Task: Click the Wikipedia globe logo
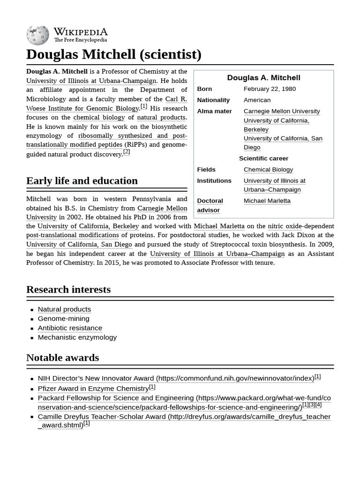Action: pos(37,35)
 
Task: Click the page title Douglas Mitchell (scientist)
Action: pos(113,54)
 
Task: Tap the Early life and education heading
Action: pos(82,181)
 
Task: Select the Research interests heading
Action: pos(68,289)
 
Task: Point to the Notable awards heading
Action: pos(62,357)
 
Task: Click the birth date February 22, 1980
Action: pos(270,89)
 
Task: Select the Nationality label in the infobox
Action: pos(213,100)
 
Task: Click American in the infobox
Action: pos(257,100)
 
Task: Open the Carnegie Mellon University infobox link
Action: pos(282,111)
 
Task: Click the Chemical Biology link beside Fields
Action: pos(268,169)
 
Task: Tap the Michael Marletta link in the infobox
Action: pos(267,201)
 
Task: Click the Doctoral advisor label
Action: pos(210,205)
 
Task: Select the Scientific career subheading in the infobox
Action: pos(263,158)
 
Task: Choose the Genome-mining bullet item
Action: pos(63,318)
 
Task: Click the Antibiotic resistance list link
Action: pos(70,328)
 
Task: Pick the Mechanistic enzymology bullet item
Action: pos(77,337)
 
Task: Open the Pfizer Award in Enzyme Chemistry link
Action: pos(93,388)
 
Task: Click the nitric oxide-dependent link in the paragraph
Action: pos(301,226)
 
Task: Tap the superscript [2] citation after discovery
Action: pos(127,152)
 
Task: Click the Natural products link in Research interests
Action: pos(64,309)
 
